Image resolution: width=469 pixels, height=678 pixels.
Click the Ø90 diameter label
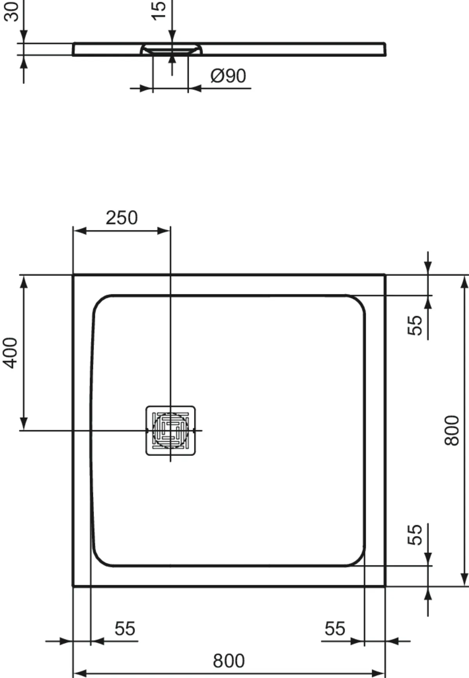[x=228, y=76]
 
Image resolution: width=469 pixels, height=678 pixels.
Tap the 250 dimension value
[x=122, y=218]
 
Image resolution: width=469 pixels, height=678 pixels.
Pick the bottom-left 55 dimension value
[x=125, y=628]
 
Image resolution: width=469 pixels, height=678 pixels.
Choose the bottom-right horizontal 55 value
[x=335, y=628]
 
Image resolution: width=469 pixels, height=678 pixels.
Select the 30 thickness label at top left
[x=12, y=11]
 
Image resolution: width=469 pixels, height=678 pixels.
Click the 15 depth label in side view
[x=159, y=10]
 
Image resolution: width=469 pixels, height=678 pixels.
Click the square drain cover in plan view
[x=170, y=430]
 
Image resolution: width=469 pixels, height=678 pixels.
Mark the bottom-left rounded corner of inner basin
[x=102, y=557]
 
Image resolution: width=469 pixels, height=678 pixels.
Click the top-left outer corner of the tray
[x=73, y=275]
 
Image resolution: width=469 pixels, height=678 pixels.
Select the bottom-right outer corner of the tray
[x=385, y=585]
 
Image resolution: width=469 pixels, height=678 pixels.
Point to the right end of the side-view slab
[x=385, y=49]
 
